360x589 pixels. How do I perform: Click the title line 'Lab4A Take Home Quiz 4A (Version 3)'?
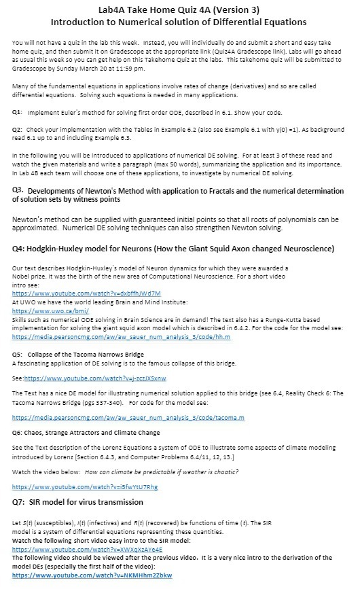click(x=179, y=9)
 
